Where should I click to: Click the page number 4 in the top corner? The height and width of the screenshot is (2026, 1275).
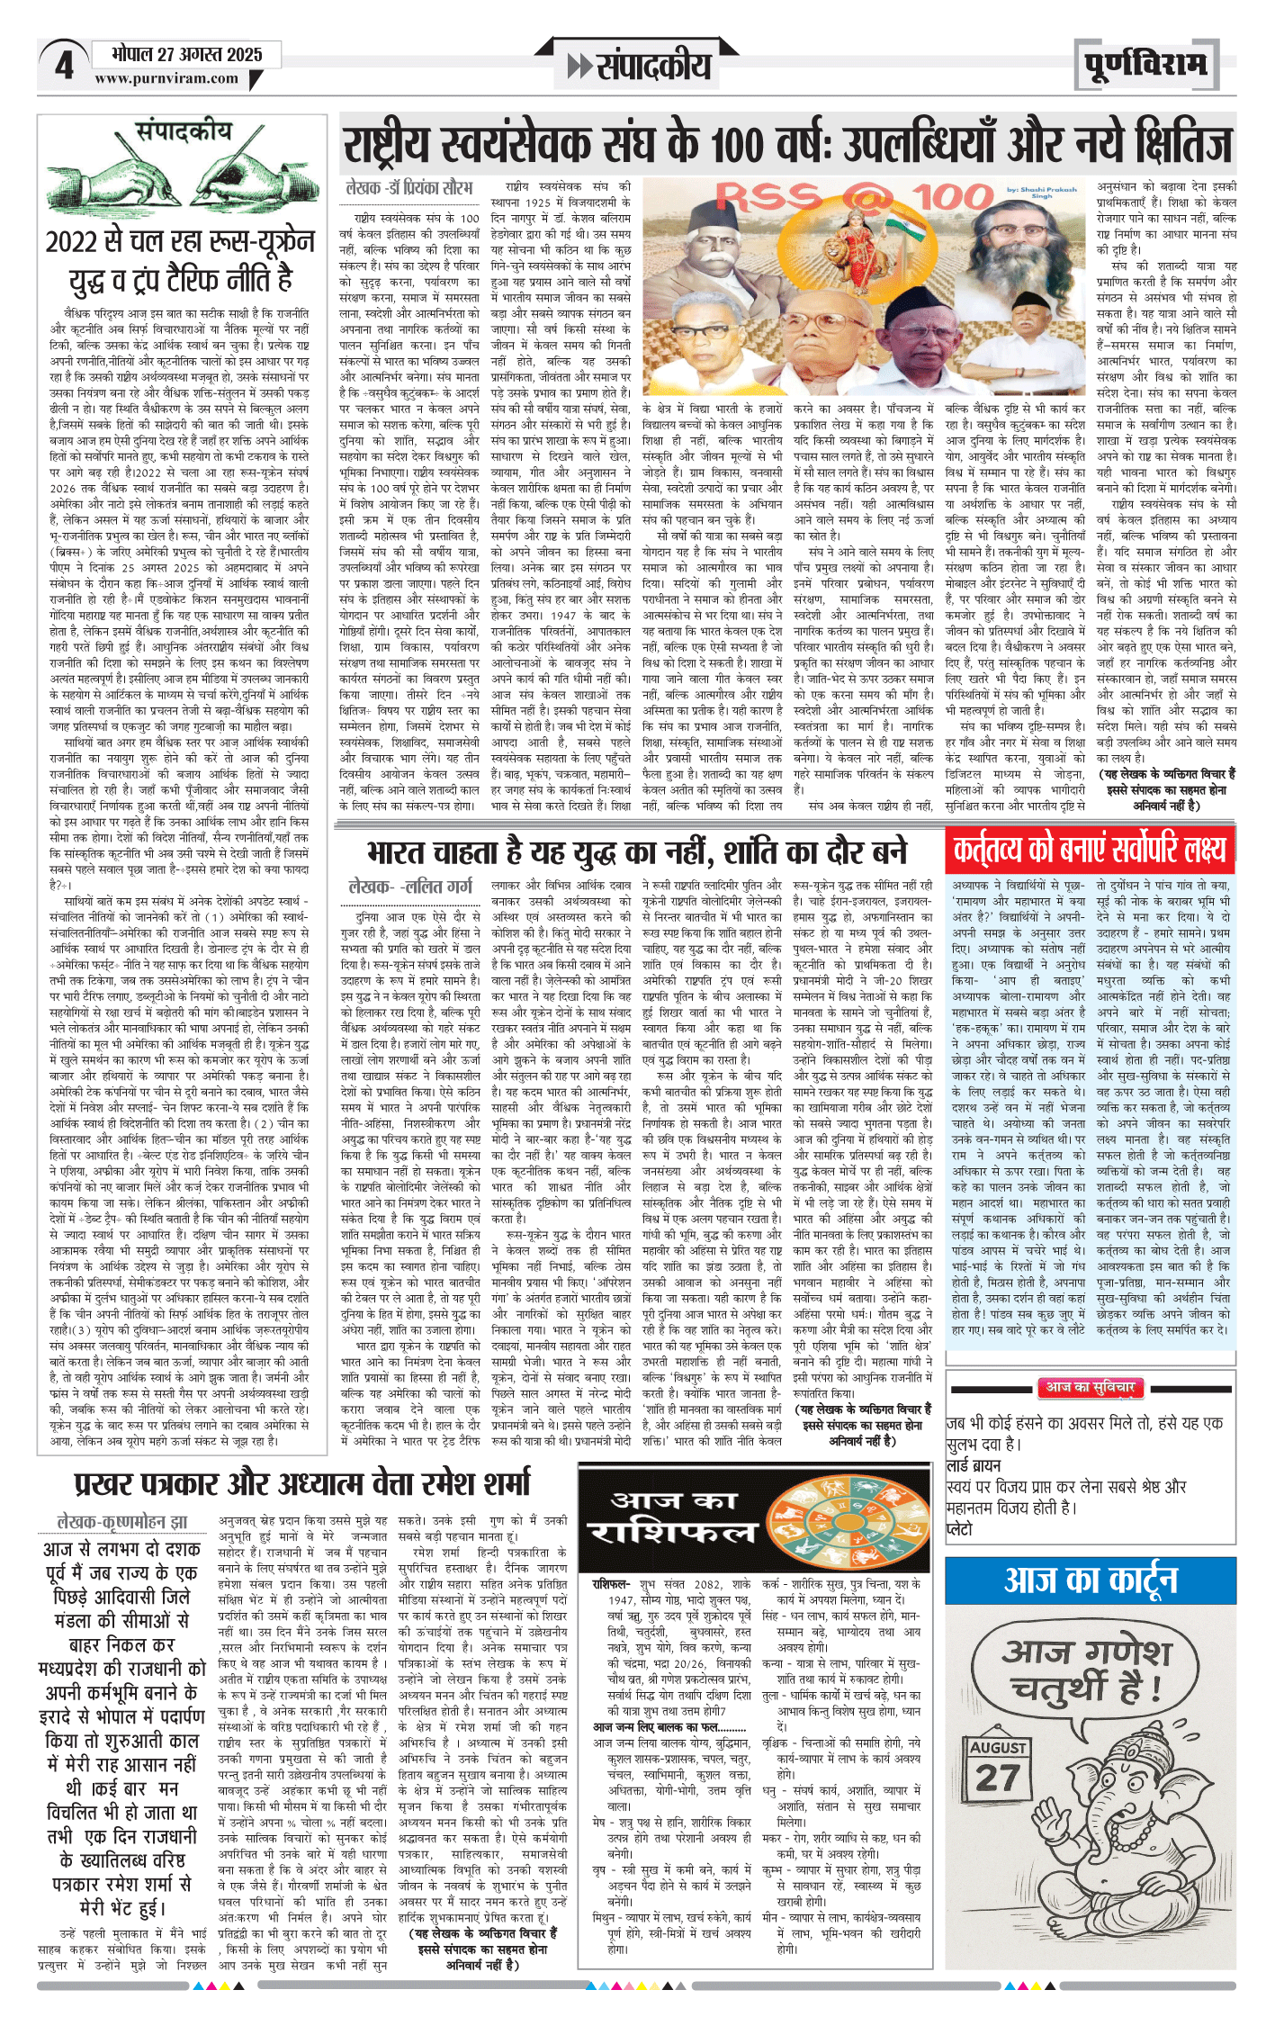tap(64, 66)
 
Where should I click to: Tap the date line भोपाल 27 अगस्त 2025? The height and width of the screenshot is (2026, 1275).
tap(187, 54)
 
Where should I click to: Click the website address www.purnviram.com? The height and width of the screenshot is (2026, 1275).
tap(167, 78)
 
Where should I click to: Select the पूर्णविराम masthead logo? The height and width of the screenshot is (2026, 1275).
tap(1145, 65)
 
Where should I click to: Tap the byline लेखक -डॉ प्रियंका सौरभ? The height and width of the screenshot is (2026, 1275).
tap(409, 187)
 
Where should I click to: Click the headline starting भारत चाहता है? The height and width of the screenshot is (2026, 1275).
tap(637, 851)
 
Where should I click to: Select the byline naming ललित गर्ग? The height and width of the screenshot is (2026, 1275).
tap(409, 887)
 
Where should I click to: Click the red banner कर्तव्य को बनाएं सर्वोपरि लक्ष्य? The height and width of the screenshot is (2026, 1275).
tap(1090, 849)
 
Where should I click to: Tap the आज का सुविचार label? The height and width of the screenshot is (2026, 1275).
tap(1090, 1388)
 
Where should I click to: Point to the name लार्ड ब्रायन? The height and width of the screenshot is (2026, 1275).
tap(974, 1466)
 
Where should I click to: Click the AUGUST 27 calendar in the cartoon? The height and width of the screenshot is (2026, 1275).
tap(998, 1769)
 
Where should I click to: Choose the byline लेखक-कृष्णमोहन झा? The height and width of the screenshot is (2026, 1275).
tap(122, 1521)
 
